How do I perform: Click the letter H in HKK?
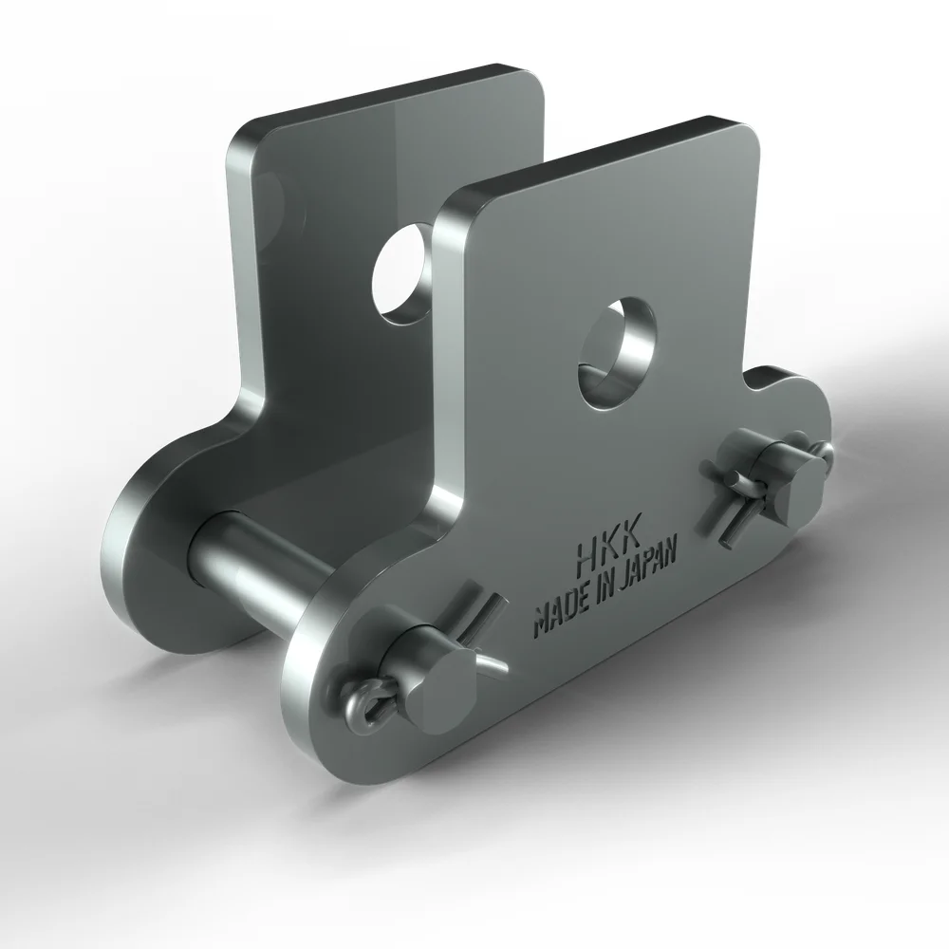588,551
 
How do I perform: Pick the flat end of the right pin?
802,485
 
